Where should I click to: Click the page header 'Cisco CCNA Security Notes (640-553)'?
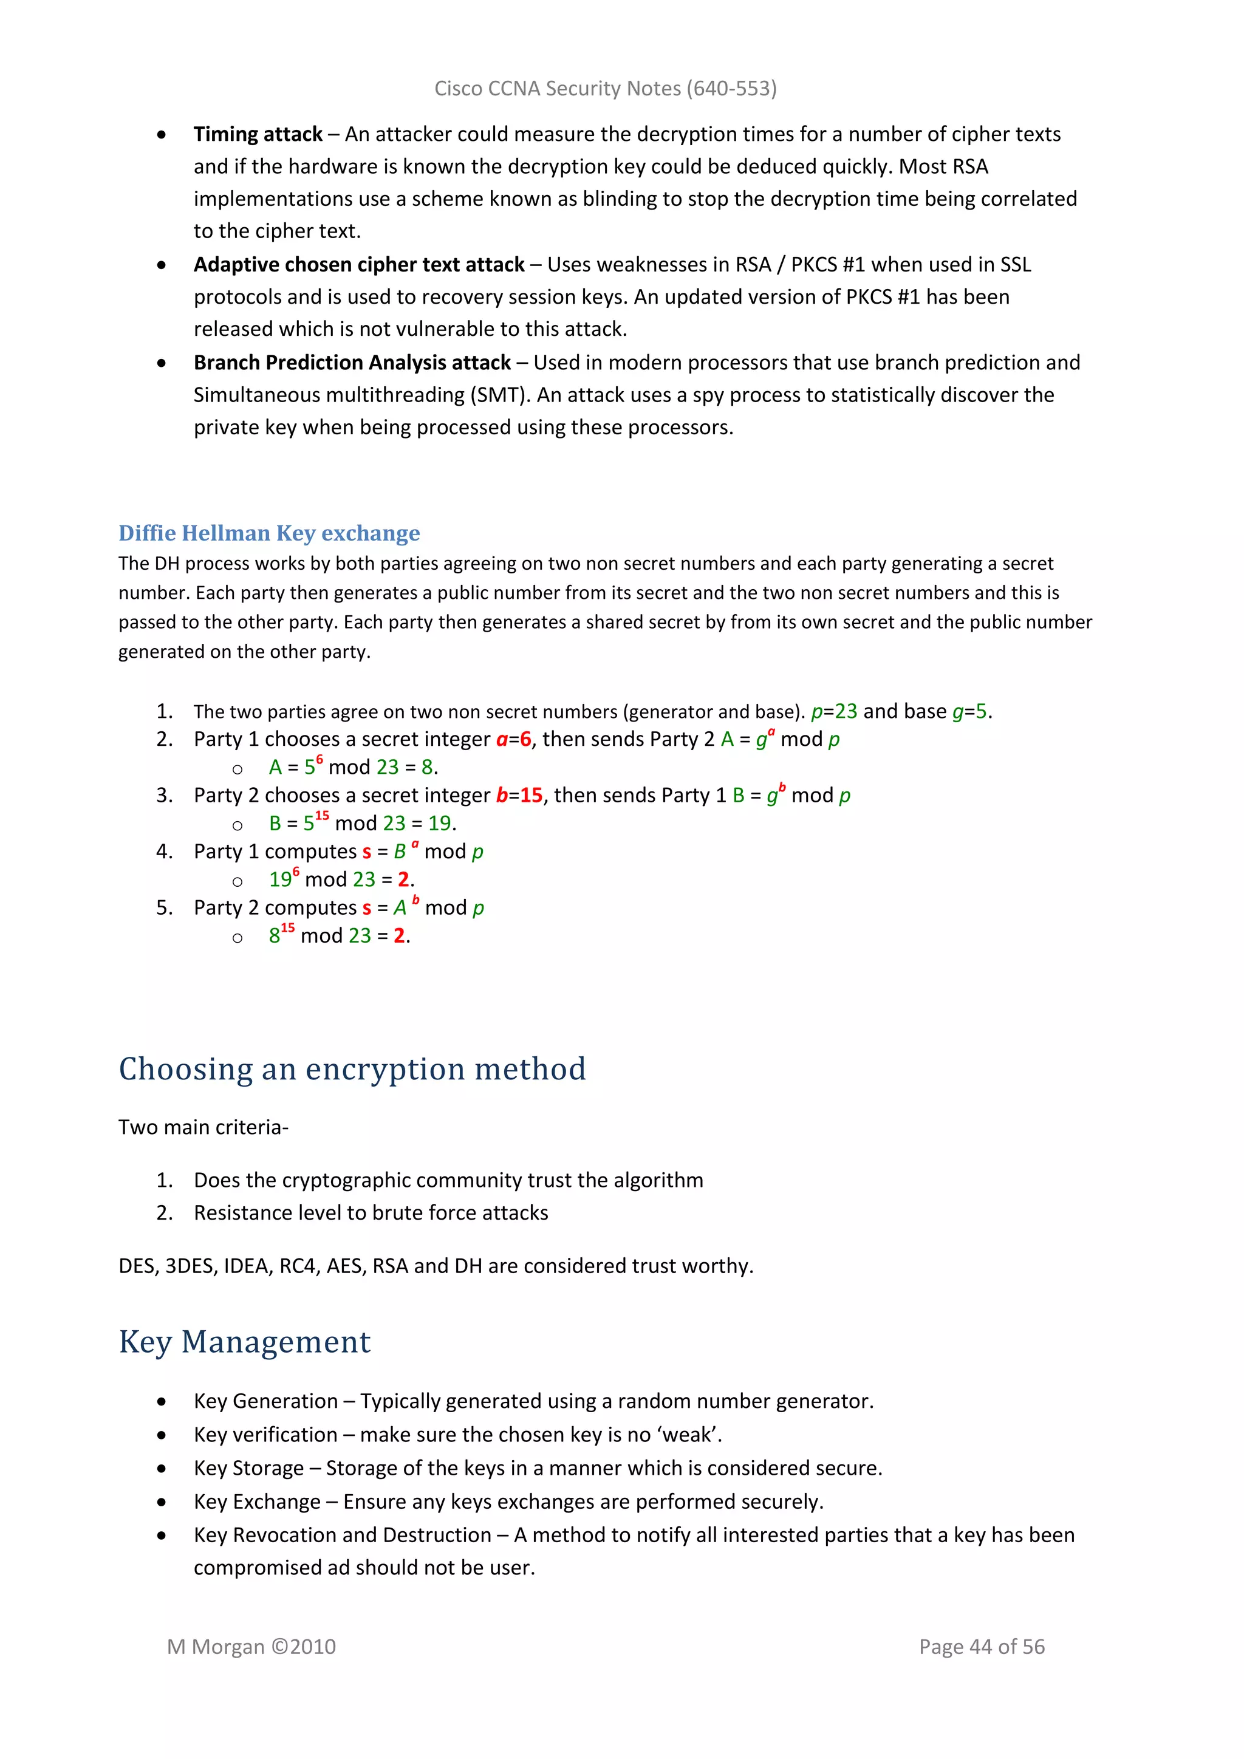tap(605, 89)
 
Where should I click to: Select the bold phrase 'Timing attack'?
tap(258, 134)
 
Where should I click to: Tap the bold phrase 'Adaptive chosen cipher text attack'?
tap(358, 264)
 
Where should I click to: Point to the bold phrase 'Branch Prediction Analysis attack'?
tap(352, 363)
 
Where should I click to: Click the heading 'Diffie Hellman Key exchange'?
tap(269, 533)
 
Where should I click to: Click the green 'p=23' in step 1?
tap(834, 712)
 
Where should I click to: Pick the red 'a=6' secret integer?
tap(513, 739)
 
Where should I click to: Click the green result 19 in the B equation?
tap(439, 824)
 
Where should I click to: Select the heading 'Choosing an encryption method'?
tap(352, 1069)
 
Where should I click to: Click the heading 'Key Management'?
tap(244, 1342)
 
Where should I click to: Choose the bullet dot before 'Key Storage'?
tap(161, 1469)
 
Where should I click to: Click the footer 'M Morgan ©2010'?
tap(251, 1647)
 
